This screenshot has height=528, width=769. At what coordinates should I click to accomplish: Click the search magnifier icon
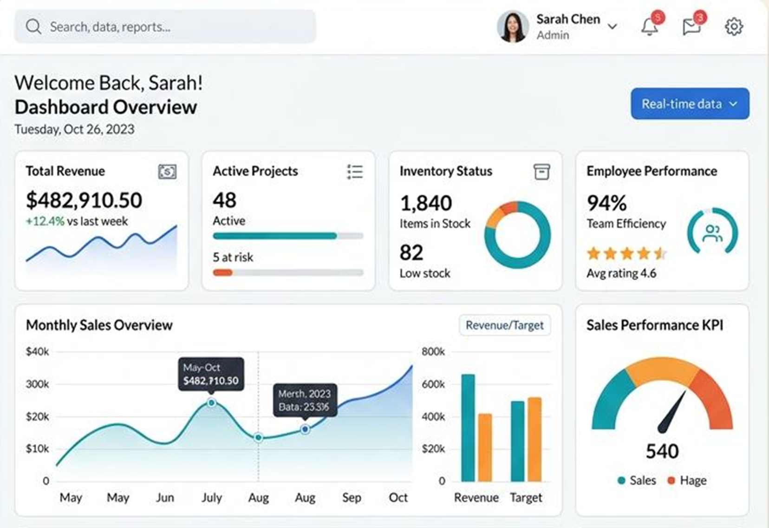33,26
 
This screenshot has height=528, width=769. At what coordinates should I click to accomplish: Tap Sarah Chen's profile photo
513,26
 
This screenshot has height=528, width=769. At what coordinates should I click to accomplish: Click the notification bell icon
649,27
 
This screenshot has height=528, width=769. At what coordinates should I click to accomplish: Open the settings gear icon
734,26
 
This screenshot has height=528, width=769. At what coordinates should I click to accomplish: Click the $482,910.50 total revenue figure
84,200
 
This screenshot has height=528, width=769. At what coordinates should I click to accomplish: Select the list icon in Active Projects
355,172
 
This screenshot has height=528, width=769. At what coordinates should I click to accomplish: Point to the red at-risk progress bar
222,273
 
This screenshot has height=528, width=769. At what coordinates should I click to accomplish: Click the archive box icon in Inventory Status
541,172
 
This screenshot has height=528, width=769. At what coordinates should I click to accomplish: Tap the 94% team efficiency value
606,203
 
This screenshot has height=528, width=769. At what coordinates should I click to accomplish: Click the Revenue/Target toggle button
505,325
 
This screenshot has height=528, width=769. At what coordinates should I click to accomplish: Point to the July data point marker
211,403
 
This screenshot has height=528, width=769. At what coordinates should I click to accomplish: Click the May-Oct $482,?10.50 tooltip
211,374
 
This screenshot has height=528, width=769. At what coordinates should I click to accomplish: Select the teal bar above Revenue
468,428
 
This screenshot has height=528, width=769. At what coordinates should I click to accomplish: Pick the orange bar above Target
534,439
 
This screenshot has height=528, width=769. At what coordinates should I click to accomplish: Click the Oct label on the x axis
398,497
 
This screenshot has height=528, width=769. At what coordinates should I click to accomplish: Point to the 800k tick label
433,351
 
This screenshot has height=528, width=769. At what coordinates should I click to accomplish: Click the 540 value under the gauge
662,451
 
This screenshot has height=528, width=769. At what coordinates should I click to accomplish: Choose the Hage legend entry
687,480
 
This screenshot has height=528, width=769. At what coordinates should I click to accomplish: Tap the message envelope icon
691,27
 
